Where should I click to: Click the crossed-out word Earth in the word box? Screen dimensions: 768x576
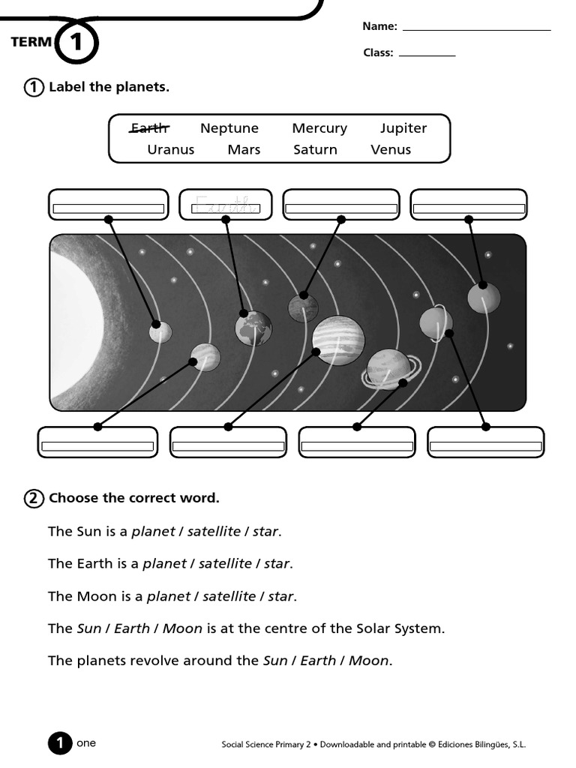[x=149, y=128]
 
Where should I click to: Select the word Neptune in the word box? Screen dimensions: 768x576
[x=229, y=128]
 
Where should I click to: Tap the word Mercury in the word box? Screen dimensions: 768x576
[x=319, y=128]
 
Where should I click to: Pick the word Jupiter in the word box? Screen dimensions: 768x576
[x=403, y=128]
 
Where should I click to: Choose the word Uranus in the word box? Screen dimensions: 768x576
[x=170, y=149]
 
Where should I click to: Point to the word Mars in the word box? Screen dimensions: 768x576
[x=244, y=149]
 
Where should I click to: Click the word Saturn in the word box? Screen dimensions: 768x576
[x=315, y=149]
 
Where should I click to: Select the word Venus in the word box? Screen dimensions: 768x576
[x=391, y=149]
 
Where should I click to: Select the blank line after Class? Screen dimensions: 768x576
[x=427, y=54]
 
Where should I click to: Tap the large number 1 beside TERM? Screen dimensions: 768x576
[x=77, y=43]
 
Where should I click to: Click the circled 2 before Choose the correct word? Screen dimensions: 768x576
[x=34, y=498]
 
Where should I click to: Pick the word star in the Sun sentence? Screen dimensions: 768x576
[x=265, y=532]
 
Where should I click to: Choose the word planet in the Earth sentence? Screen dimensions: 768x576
[x=163, y=563]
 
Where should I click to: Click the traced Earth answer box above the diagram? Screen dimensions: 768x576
[x=227, y=205]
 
